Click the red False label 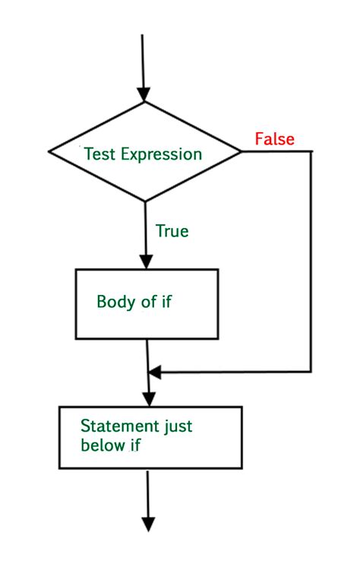tap(274, 139)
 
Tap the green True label tap(172, 230)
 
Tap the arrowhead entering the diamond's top tap(144, 93)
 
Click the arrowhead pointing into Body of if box tap(144, 261)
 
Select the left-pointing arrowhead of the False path tap(155, 372)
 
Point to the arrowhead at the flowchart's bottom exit tap(149, 524)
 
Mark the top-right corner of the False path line tap(311, 152)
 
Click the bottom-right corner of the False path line tap(311, 372)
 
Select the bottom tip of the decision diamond tap(144, 201)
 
